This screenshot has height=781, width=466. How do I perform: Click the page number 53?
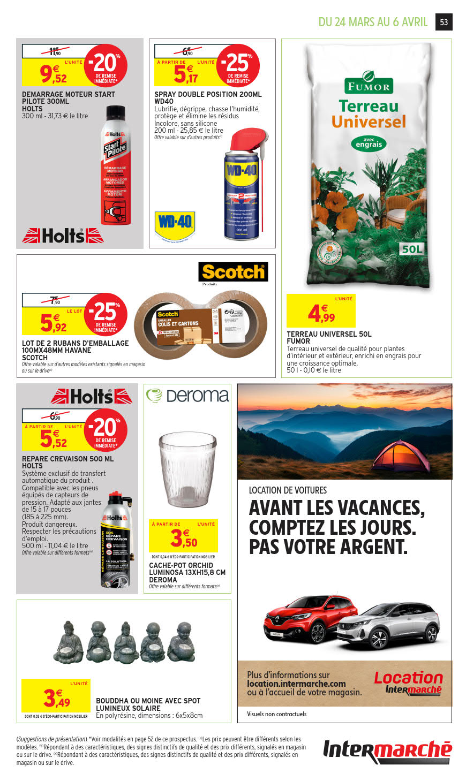[444, 22]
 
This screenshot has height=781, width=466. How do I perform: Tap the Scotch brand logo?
[233, 272]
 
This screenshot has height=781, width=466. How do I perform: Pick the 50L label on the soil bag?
[412, 248]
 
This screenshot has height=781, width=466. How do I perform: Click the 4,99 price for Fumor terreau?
[321, 314]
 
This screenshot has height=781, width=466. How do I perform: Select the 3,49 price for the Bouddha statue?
[56, 698]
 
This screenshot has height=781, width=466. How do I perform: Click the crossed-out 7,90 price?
[54, 300]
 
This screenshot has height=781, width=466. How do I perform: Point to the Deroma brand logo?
[187, 396]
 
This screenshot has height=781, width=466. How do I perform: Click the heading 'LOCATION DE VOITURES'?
[288, 490]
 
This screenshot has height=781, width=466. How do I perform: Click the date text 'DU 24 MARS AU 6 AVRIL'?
[373, 22]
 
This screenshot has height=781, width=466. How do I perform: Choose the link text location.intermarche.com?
[296, 684]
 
